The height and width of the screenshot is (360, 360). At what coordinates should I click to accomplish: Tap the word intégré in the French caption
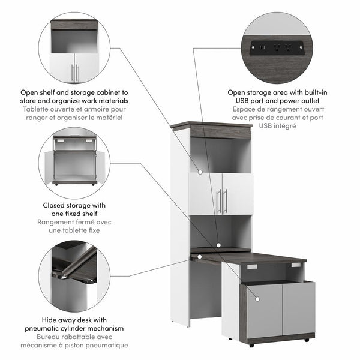(286, 126)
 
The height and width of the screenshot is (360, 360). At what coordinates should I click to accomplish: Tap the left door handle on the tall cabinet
(219, 201)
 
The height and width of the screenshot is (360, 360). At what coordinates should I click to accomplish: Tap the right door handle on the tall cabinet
(226, 201)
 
